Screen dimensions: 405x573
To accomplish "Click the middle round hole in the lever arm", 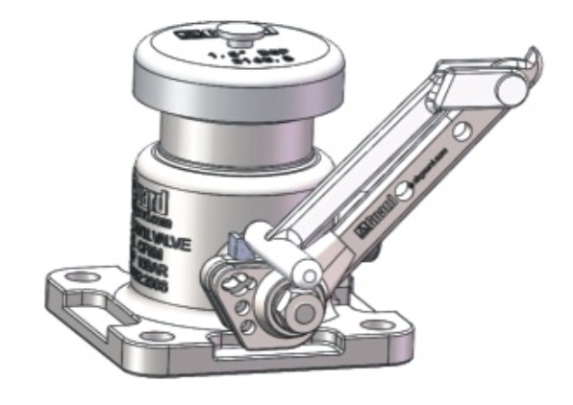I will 408,192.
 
